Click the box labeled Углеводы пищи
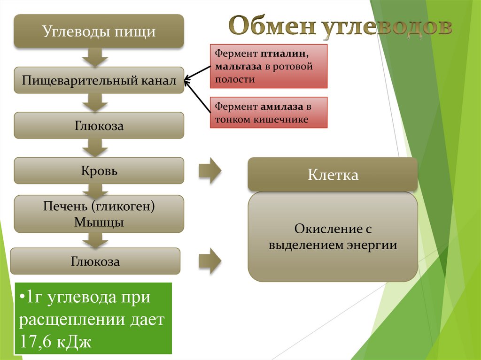99,31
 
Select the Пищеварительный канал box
99,81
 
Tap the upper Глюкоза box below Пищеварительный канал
99,125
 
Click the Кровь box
99,170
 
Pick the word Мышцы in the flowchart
99,222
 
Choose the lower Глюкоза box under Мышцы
95,261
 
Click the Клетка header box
333,175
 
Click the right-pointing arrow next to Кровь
209,171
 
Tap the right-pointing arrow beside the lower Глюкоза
209,261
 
